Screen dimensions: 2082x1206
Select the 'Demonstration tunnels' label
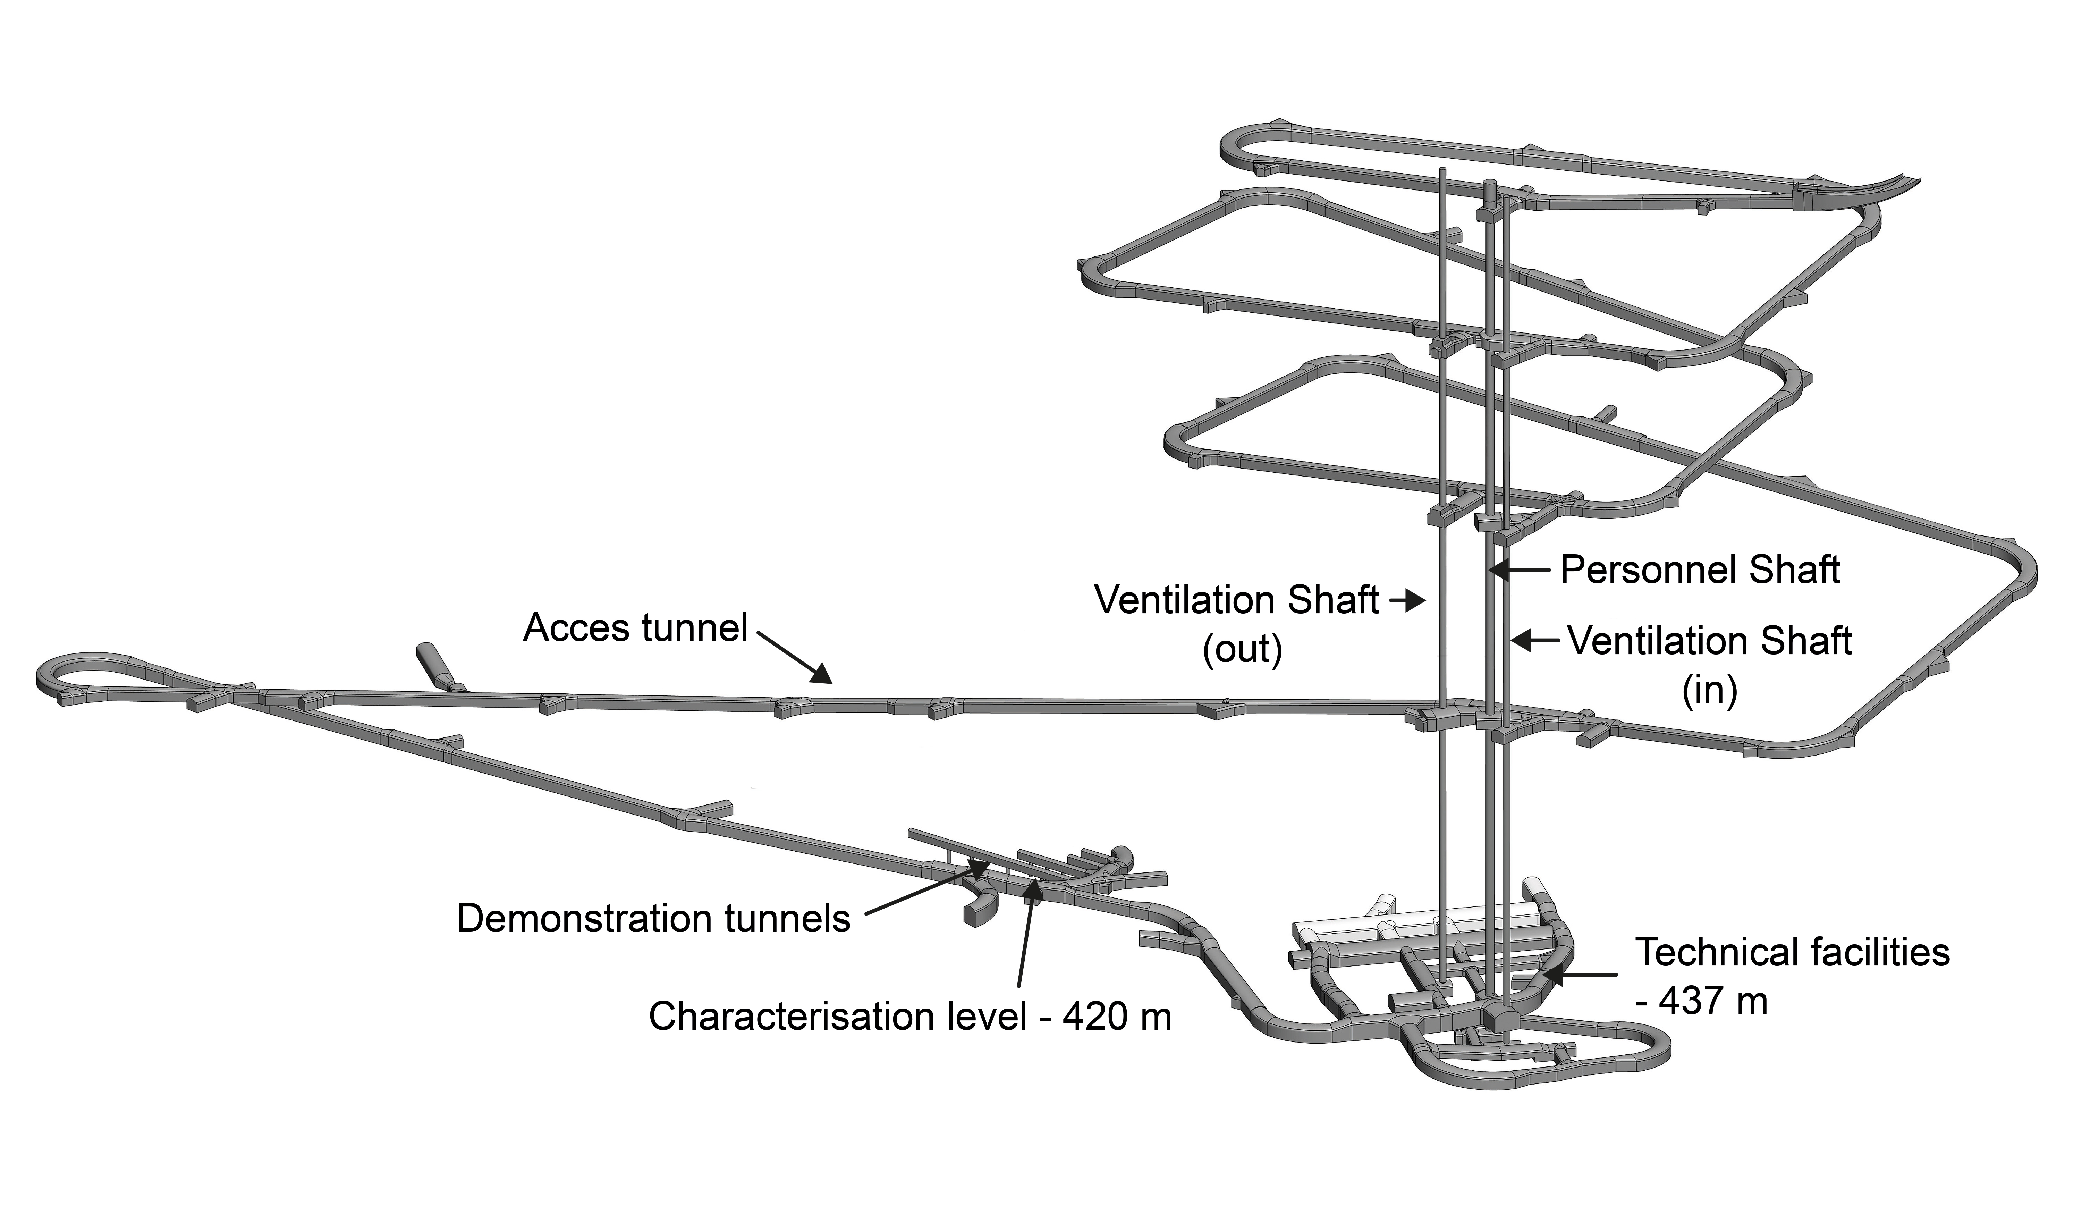pyautogui.click(x=653, y=919)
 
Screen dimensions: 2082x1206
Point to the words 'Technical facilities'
pyautogui.click(x=1793, y=952)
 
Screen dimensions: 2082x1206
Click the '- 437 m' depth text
pyautogui.click(x=1702, y=1001)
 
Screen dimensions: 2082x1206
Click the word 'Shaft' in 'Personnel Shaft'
pyautogui.click(x=1791, y=570)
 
